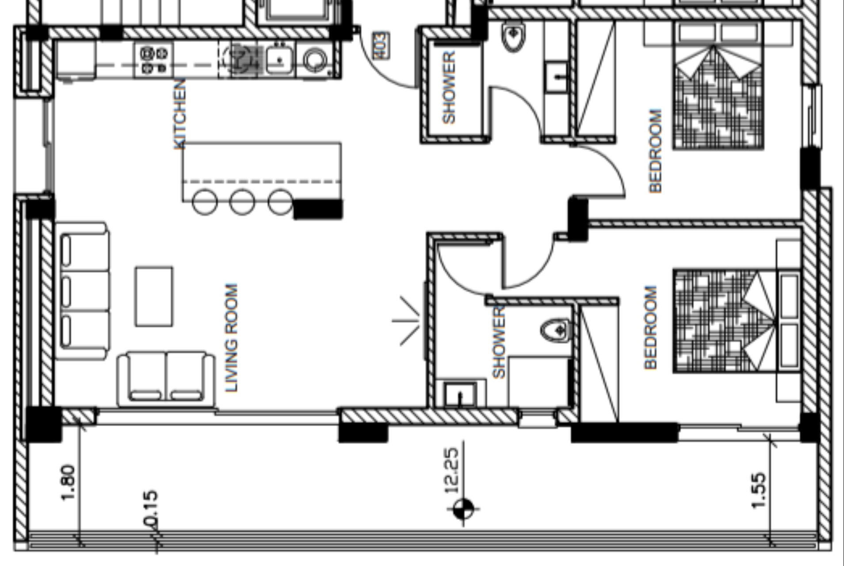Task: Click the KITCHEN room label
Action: click(179, 114)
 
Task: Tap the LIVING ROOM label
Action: click(231, 338)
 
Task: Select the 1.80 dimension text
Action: click(69, 482)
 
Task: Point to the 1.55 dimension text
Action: click(759, 491)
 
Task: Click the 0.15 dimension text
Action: click(151, 508)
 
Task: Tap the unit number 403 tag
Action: click(382, 45)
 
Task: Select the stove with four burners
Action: click(153, 60)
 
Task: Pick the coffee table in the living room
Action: click(154, 296)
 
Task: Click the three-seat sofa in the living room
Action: click(83, 291)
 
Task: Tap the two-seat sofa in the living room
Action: click(166, 378)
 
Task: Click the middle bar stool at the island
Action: click(242, 202)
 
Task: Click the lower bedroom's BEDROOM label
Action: click(650, 327)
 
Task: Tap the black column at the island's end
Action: click(318, 209)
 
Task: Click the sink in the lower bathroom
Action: click(460, 394)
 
